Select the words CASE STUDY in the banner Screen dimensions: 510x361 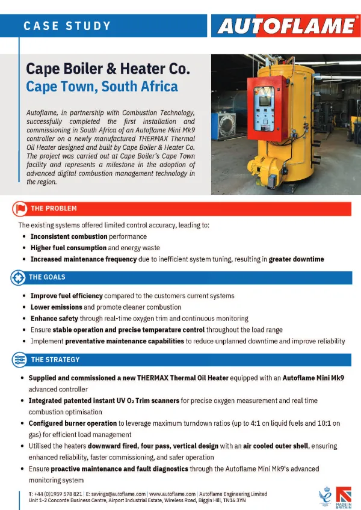(x=67, y=26)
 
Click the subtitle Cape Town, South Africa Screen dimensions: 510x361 (x=102, y=87)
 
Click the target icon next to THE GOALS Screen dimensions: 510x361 (x=19, y=277)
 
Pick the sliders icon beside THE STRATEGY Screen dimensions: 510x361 (x=19, y=360)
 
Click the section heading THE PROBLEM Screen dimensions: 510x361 (x=54, y=209)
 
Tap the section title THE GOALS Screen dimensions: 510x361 (x=48, y=277)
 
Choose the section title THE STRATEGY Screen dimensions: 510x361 (x=55, y=360)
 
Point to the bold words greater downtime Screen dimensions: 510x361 (x=296, y=259)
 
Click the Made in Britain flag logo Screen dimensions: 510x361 (x=344, y=497)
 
